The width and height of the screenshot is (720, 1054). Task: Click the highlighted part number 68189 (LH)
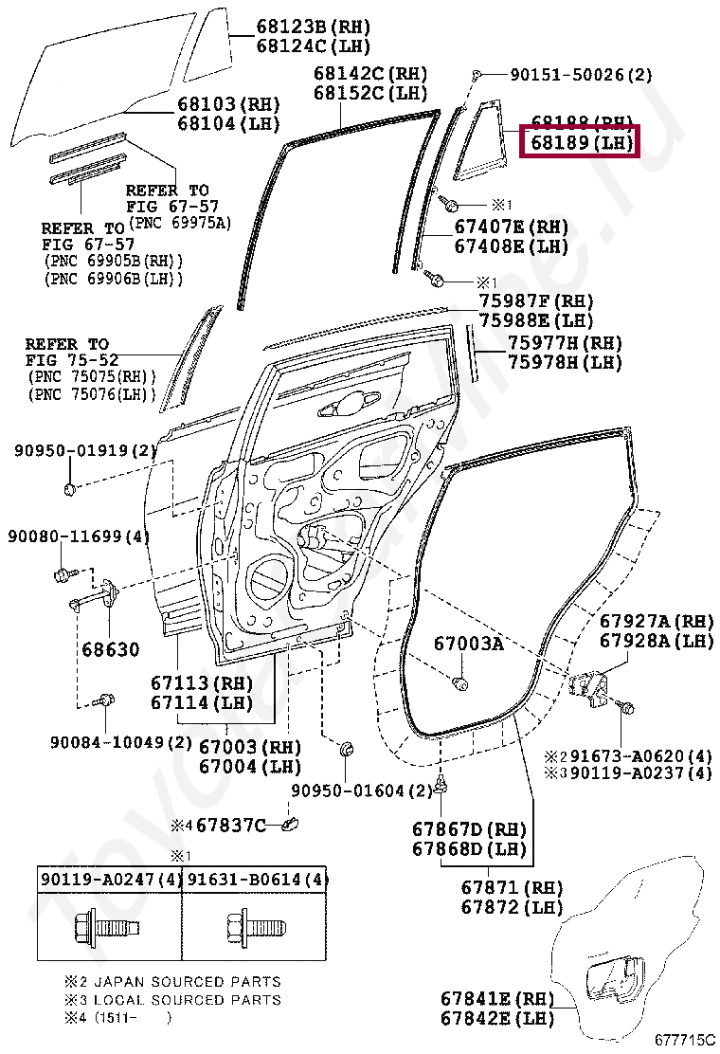[581, 144]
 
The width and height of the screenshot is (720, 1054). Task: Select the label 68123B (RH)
[313, 27]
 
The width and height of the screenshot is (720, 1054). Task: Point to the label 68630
[110, 650]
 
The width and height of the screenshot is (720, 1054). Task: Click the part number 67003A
[469, 644]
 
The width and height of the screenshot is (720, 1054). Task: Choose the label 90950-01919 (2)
[84, 450]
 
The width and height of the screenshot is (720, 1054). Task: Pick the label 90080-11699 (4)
[80, 536]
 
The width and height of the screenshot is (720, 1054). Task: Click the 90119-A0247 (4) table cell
[111, 880]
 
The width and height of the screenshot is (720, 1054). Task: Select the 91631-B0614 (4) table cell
[256, 880]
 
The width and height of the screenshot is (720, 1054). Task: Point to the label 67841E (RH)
[496, 999]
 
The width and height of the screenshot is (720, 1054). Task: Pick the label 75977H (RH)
[565, 343]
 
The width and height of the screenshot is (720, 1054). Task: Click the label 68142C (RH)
[370, 74]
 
